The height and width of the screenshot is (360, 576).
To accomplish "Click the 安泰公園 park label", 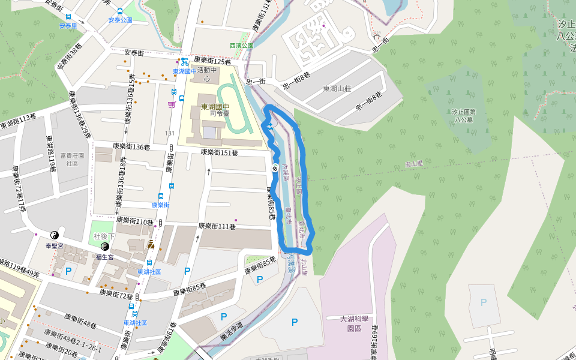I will (120, 20).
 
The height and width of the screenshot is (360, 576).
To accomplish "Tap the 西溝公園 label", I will (241, 45).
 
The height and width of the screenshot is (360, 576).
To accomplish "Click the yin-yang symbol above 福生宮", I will (105, 246).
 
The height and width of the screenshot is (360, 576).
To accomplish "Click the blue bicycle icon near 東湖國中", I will (184, 61).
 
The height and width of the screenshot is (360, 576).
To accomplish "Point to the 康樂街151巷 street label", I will (219, 153).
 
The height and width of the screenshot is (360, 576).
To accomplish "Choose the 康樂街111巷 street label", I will (217, 226).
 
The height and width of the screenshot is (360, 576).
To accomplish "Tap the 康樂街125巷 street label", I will (213, 61).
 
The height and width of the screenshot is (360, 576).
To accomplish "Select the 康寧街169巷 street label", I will (374, 343).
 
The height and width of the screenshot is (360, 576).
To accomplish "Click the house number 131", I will (170, 134).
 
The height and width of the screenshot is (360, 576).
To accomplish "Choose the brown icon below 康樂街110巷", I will (151, 244).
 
